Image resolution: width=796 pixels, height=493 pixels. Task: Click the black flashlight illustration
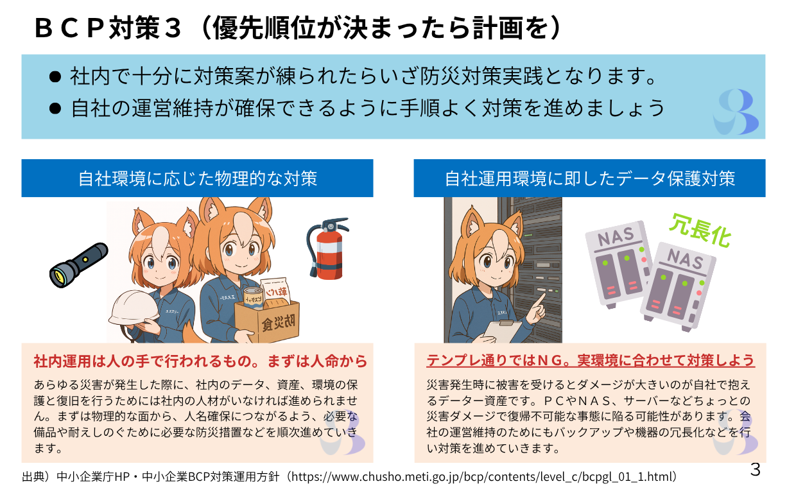pyautogui.click(x=78, y=263)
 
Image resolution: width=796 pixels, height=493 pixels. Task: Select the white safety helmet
pyautogui.click(x=134, y=309)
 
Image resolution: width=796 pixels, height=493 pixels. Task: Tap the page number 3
pyautogui.click(x=755, y=470)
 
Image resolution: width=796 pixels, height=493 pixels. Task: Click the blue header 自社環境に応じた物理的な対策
pyautogui.click(x=197, y=178)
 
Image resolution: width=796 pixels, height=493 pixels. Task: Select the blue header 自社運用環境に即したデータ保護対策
pyautogui.click(x=589, y=178)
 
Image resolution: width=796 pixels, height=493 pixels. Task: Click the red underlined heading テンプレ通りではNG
pyautogui.click(x=591, y=360)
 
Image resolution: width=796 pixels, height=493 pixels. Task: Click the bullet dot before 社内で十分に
pyautogui.click(x=55, y=77)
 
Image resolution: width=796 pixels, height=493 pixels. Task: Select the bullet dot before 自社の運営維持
pyautogui.click(x=55, y=108)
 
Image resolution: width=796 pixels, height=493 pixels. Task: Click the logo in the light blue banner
pyautogui.click(x=735, y=112)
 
